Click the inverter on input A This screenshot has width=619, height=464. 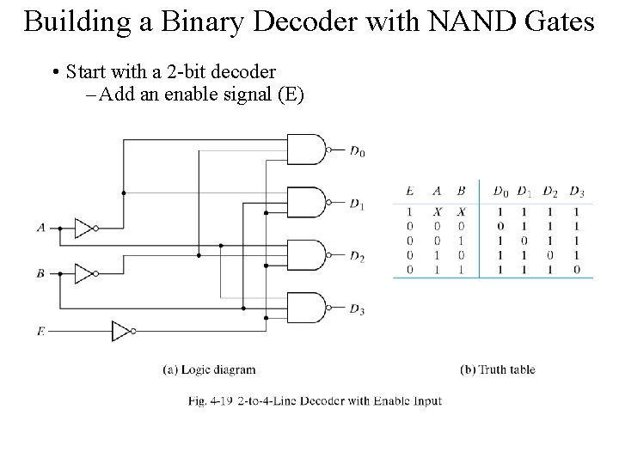tap(83, 229)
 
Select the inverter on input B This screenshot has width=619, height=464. tap(83, 274)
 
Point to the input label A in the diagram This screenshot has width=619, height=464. tap(40, 229)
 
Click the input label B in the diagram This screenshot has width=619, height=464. tap(40, 274)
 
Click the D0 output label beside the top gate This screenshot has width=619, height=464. tap(357, 152)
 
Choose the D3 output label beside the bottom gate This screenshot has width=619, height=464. tap(357, 309)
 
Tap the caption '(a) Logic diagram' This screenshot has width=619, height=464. tap(209, 370)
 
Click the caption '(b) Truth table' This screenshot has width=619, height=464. tap(498, 370)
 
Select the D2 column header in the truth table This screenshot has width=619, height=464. tap(549, 190)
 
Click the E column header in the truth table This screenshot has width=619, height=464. tap(409, 190)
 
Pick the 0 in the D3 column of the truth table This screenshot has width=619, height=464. tap(576, 271)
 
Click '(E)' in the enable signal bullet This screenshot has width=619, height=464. tap(288, 95)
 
